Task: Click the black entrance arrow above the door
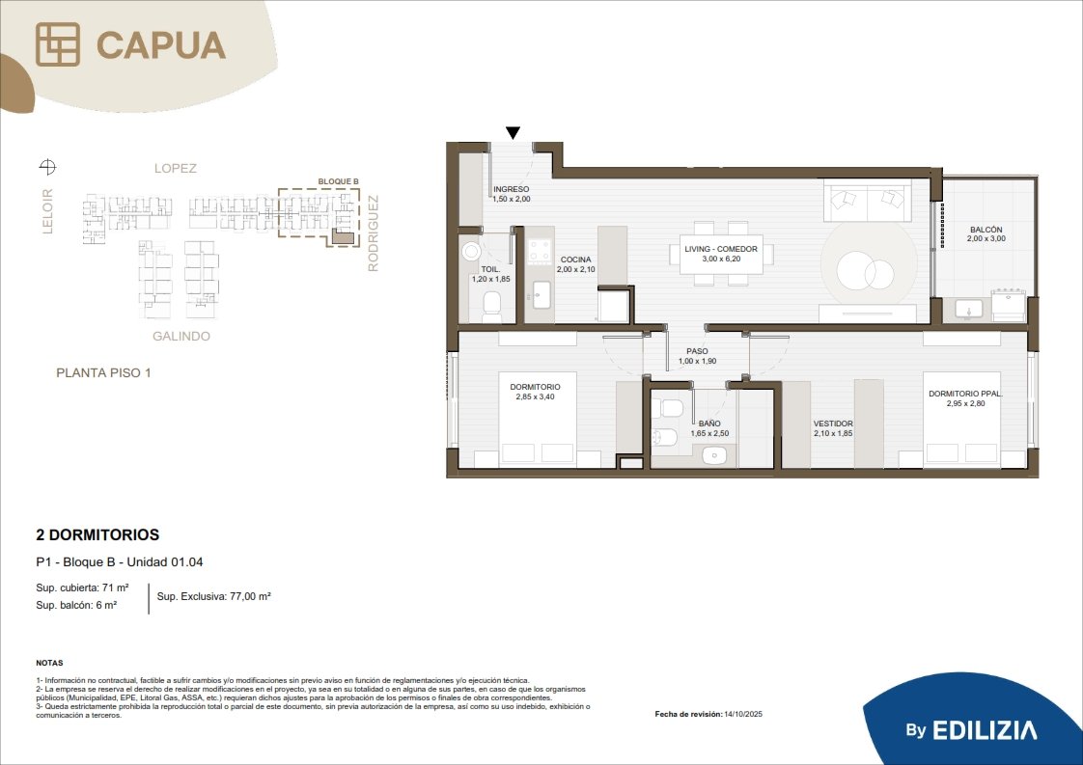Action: coord(513,132)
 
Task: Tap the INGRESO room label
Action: coord(512,189)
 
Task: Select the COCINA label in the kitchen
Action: coord(576,260)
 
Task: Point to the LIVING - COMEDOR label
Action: coord(721,249)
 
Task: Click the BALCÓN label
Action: coord(986,230)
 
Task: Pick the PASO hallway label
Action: coord(697,351)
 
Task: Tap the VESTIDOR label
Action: coord(833,423)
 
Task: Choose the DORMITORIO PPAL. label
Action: coord(965,394)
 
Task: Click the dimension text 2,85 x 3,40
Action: coord(536,397)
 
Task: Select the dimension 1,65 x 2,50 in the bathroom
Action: coord(709,433)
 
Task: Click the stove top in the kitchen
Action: coord(540,252)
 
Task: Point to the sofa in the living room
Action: coord(868,201)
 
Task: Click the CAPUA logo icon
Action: coord(58,44)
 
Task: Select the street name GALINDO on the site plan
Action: coord(180,337)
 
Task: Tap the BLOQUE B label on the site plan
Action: coord(339,181)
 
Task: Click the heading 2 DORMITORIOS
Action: coord(97,534)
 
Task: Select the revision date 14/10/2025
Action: coord(743,714)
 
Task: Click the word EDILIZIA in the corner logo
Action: coord(985,730)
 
